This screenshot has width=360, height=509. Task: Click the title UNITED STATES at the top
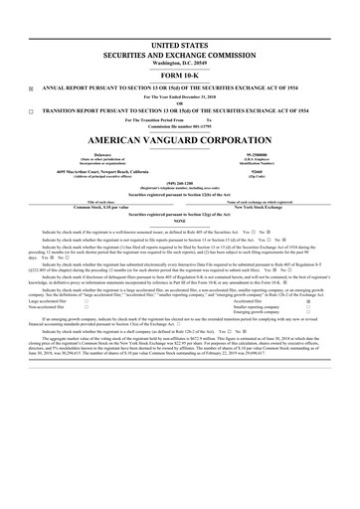pos(179,48)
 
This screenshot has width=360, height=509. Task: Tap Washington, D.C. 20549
pos(179,63)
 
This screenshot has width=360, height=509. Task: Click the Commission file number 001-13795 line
pos(179,125)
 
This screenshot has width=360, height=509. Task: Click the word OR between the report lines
pos(179,103)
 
